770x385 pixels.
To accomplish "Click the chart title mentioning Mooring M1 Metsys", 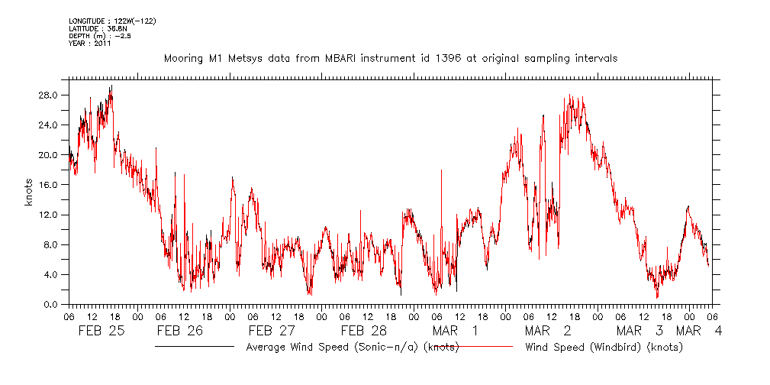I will (391, 58).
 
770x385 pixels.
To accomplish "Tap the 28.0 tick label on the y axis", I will (50, 95).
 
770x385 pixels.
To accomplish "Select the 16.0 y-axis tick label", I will (50, 185).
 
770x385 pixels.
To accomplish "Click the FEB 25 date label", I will (101, 331).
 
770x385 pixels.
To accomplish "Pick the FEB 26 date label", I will (180, 331).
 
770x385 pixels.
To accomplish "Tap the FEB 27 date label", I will (271, 331).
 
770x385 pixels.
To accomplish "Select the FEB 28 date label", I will (363, 331).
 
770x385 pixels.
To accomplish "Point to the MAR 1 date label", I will (455, 331).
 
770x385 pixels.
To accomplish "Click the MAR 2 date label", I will (548, 331).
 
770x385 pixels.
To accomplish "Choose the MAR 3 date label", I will (639, 331).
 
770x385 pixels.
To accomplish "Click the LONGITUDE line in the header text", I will (103, 21).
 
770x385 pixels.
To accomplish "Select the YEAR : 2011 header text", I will (91, 44).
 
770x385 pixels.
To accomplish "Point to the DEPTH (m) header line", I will (99, 36).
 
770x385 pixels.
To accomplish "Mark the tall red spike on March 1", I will (441, 171).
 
